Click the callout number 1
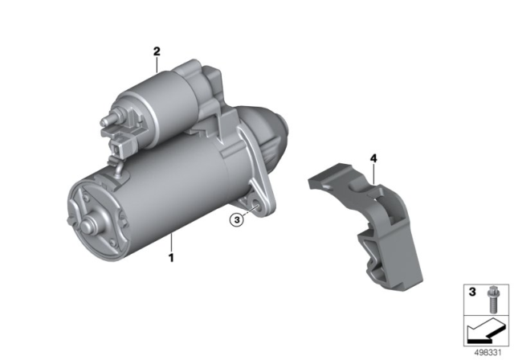pyautogui.click(x=170, y=259)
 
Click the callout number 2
pyautogui.click(x=157, y=51)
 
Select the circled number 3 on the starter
pyautogui.click(x=237, y=219)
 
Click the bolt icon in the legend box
pyautogui.click(x=492, y=299)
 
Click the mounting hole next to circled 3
pyautogui.click(x=255, y=207)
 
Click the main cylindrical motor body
pyautogui.click(x=161, y=193)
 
